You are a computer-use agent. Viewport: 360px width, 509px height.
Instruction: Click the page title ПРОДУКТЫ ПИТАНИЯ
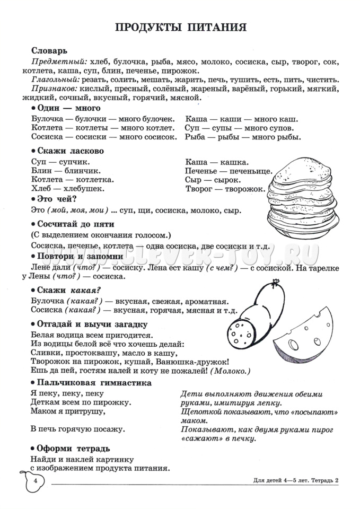coord(180,28)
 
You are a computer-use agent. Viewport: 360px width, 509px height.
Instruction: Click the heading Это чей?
coord(56,199)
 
